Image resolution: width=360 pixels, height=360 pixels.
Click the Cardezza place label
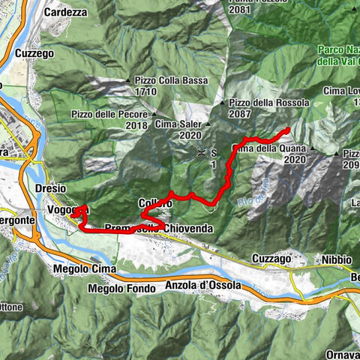click(x=67, y=12)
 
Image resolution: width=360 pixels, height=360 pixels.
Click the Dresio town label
click(x=50, y=188)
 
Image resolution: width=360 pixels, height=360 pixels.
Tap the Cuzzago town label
click(x=271, y=258)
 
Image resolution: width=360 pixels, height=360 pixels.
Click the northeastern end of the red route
click(x=288, y=131)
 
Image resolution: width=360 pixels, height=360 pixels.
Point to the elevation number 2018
click(x=136, y=125)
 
